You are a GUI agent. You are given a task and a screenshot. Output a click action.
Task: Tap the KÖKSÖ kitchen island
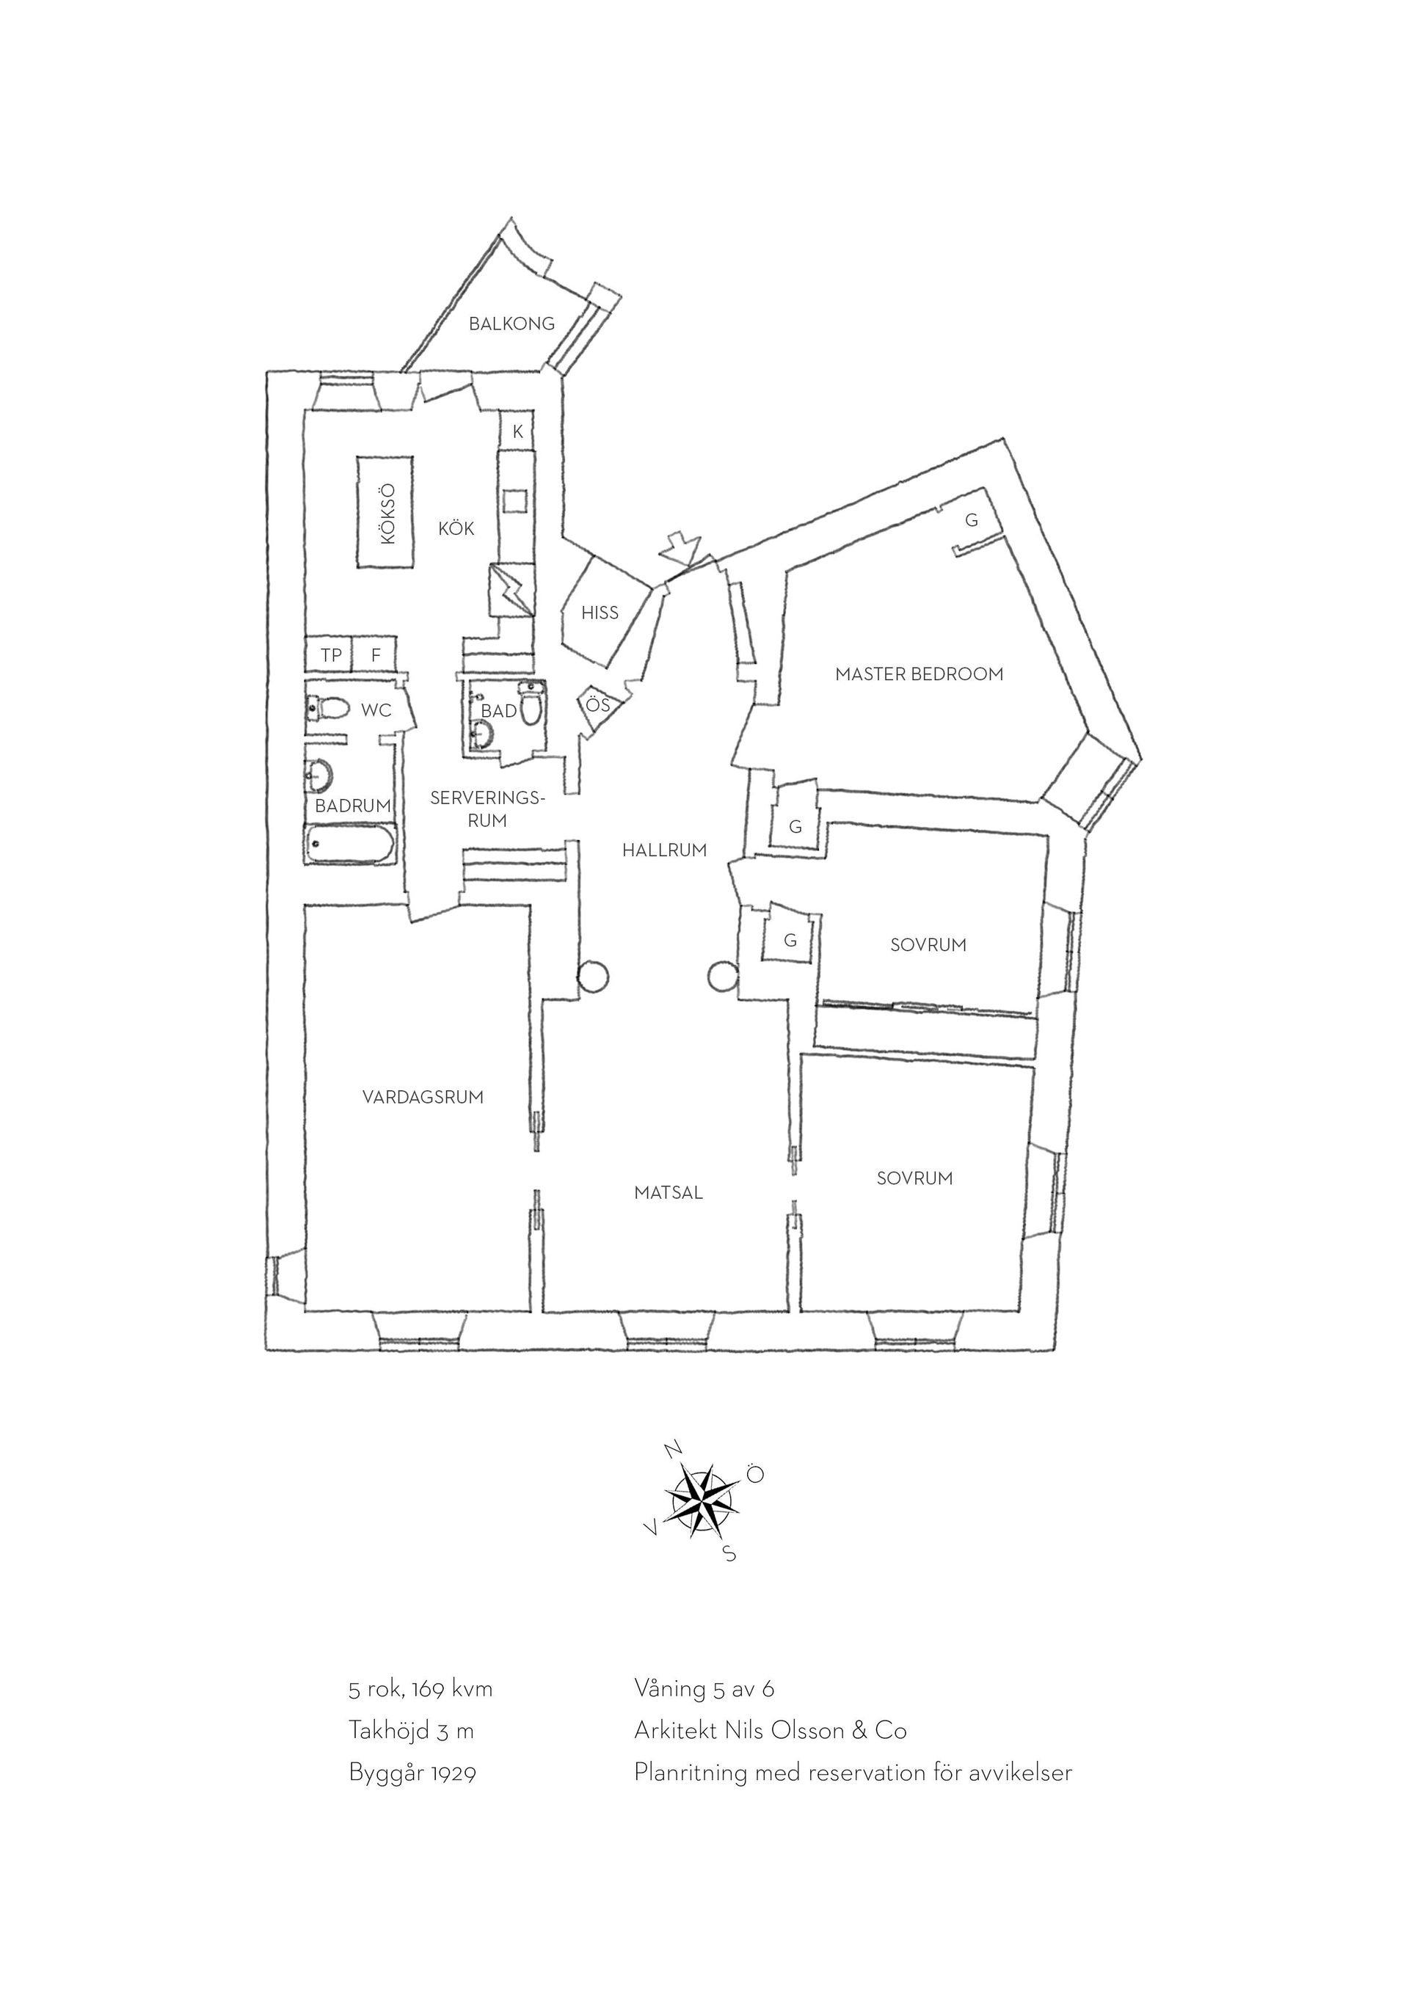[386, 512]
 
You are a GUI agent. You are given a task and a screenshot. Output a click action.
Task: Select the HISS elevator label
[600, 613]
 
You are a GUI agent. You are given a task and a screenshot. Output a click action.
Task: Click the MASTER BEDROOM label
[919, 674]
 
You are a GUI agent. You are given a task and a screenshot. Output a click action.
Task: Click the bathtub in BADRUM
[351, 844]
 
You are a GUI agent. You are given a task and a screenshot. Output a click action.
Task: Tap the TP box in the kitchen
[330, 655]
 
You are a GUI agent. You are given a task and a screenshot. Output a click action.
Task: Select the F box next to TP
[375, 655]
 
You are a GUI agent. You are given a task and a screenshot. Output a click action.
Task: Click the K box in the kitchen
[518, 431]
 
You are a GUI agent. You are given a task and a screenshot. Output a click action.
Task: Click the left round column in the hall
[594, 977]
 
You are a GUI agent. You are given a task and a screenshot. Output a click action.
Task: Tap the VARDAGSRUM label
[423, 1097]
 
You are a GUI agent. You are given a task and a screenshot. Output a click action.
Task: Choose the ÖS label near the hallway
[598, 704]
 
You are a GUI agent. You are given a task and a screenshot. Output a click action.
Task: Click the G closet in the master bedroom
[972, 520]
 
